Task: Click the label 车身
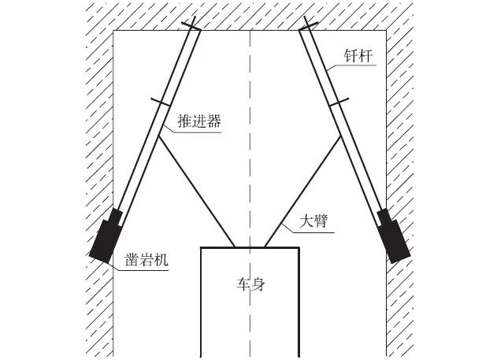click(x=250, y=284)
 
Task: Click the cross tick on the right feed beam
click(x=339, y=102)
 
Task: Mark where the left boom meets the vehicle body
click(x=234, y=247)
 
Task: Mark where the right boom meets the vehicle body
click(x=265, y=247)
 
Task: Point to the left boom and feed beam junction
click(x=159, y=136)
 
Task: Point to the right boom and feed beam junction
click(x=340, y=136)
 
